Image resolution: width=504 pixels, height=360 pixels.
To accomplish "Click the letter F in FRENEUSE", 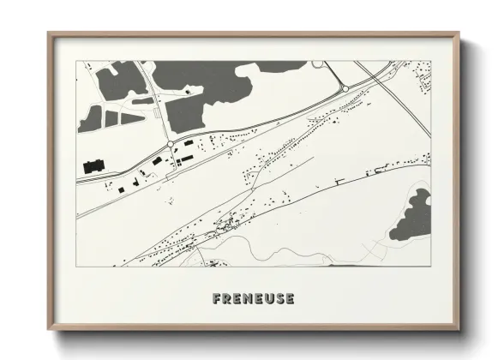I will click(x=216, y=299).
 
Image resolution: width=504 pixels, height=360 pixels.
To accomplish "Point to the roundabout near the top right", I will click(x=345, y=87).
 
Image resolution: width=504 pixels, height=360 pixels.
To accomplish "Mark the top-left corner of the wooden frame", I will click(x=50, y=35).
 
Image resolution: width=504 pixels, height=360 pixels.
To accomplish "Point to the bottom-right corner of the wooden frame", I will click(x=459, y=328).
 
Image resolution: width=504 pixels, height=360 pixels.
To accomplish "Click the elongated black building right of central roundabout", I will click(x=183, y=159).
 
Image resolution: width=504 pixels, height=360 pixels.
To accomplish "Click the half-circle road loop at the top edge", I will click(x=318, y=63).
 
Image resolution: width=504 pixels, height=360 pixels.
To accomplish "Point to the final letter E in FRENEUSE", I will click(x=290, y=299).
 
